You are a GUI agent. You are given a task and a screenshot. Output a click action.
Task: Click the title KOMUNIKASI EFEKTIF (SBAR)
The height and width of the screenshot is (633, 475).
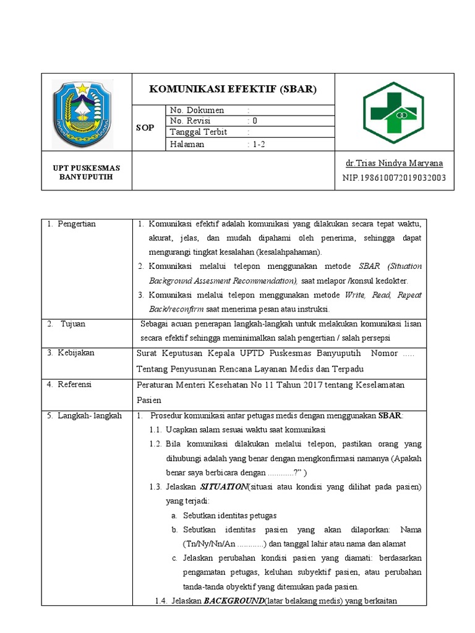pyautogui.click(x=233, y=89)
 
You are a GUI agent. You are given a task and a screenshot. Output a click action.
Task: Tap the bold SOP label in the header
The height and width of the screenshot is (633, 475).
pyautogui.click(x=145, y=127)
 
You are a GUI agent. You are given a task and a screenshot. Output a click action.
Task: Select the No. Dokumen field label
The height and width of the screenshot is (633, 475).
pyautogui.click(x=197, y=110)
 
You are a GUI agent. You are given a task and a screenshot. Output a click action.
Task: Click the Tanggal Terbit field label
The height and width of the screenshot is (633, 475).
pyautogui.click(x=199, y=132)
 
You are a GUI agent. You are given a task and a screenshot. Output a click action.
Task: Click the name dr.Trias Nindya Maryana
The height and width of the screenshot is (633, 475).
pyautogui.click(x=395, y=163)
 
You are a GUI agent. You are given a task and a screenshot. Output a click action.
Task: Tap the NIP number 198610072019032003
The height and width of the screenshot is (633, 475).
pyautogui.click(x=393, y=178)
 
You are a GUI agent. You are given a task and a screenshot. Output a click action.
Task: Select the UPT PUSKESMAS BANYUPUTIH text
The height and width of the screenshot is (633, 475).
pyautogui.click(x=86, y=173)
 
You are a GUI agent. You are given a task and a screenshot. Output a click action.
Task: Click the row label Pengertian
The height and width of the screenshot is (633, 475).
pyautogui.click(x=76, y=224)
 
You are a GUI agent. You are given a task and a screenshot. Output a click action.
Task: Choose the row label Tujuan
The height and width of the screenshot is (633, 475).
pyautogui.click(x=73, y=323)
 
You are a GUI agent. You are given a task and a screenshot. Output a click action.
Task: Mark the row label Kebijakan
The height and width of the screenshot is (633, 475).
pyautogui.click(x=76, y=352)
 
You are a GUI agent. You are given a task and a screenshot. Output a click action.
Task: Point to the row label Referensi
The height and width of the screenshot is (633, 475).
pyautogui.click(x=75, y=384)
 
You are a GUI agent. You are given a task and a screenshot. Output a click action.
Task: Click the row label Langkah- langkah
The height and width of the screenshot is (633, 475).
pyautogui.click(x=84, y=415)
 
